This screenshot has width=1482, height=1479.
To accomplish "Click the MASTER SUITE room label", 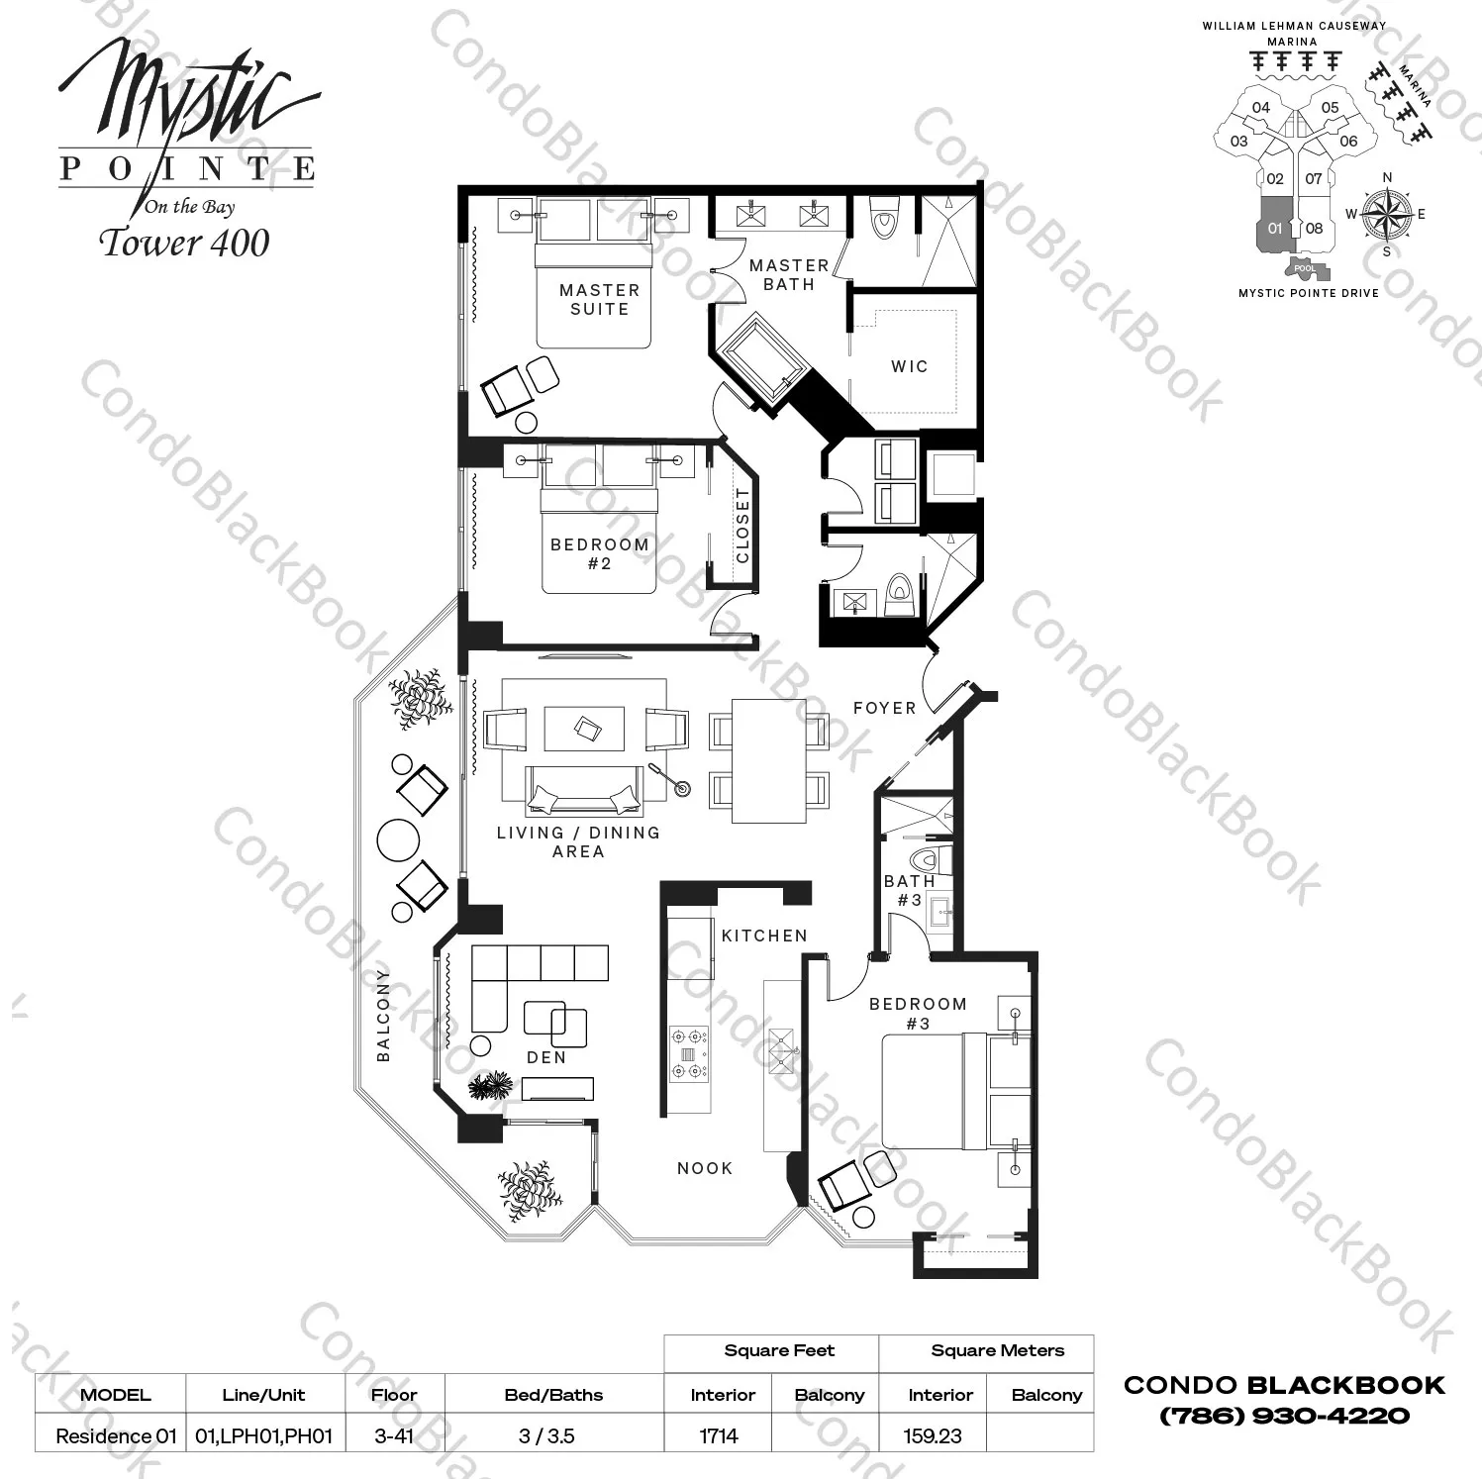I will [599, 299].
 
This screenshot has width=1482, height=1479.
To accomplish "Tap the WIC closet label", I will [909, 366].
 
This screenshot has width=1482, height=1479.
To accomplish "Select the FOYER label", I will [884, 708].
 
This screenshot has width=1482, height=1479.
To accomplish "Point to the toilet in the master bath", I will [880, 218].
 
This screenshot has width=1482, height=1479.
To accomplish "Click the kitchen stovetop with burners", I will [689, 1053].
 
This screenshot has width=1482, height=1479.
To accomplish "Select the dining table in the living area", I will [769, 760].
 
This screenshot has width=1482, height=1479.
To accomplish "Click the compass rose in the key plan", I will [1386, 214].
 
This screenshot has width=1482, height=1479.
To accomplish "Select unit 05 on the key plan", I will [1330, 108].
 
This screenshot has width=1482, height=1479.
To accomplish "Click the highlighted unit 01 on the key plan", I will [1275, 227].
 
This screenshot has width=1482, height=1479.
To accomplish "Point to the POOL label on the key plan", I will [1305, 268].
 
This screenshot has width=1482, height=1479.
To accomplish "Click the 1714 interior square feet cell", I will [719, 1435].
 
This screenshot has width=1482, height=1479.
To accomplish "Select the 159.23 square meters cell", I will [933, 1435].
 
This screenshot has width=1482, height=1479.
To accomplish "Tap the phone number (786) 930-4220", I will [1284, 1416].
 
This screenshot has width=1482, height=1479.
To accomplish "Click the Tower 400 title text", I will [185, 243].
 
